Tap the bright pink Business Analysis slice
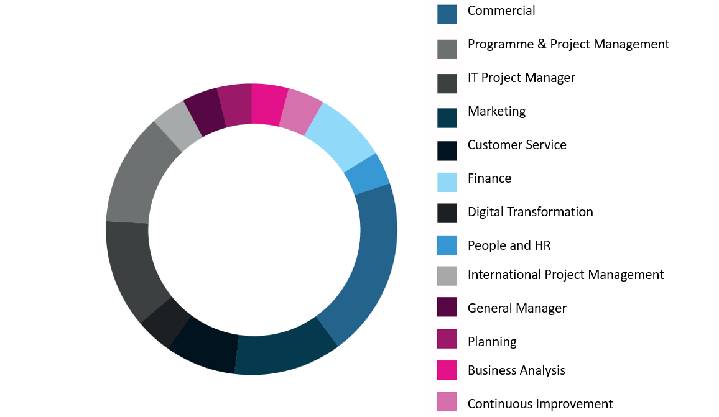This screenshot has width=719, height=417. pyautogui.click(x=269, y=104)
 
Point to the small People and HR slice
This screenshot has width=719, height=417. pyautogui.click(x=368, y=175)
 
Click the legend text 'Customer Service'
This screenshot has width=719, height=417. pyautogui.click(x=517, y=145)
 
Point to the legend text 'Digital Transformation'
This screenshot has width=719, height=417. pyautogui.click(x=530, y=212)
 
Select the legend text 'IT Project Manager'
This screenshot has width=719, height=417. pyautogui.click(x=521, y=78)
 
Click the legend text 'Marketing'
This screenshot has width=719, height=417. pyautogui.click(x=496, y=111)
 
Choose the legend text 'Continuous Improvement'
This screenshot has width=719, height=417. pyautogui.click(x=540, y=404)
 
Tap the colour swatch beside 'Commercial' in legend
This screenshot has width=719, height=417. pyautogui.click(x=447, y=14)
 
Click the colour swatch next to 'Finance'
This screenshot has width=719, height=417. pyautogui.click(x=447, y=182)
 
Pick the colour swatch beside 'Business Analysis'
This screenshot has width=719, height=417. pyautogui.click(x=447, y=370)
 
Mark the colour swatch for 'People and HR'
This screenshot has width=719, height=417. pyautogui.click(x=447, y=245)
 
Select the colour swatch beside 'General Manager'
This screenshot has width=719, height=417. pyautogui.click(x=447, y=308)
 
